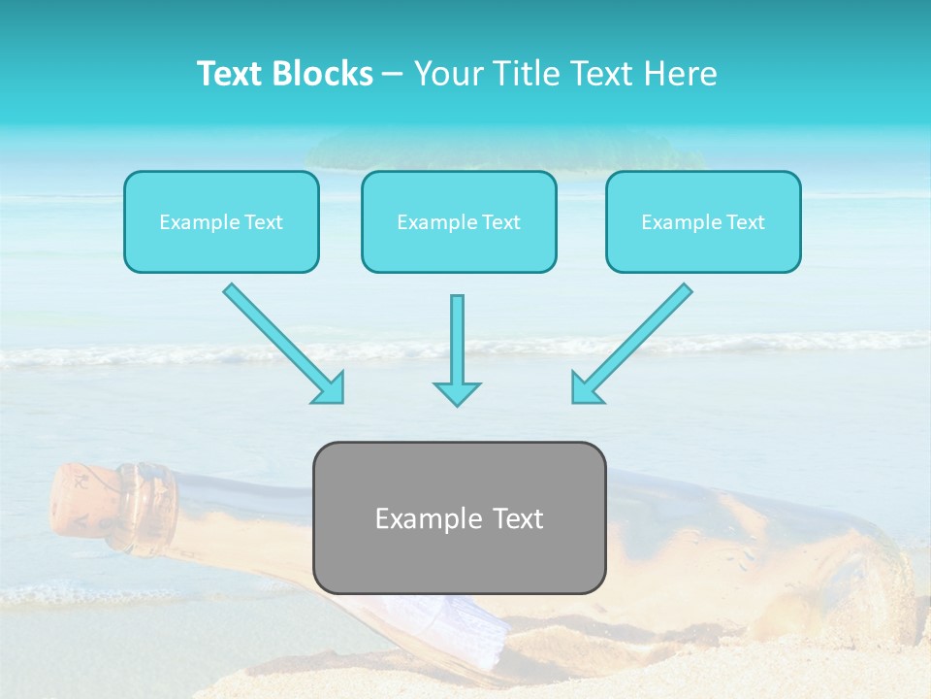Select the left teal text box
(x=221, y=221)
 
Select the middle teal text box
(x=459, y=221)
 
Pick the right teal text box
(x=703, y=221)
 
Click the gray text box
(x=459, y=517)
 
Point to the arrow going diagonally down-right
(x=283, y=343)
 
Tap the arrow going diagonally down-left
(x=632, y=343)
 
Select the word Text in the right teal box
(x=745, y=222)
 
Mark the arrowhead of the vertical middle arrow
(x=457, y=392)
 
